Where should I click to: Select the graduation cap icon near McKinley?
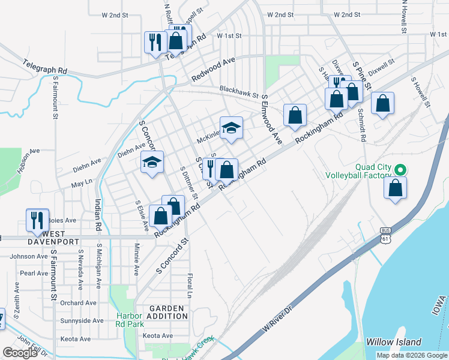tap(231, 128)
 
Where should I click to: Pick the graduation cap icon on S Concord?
tap(152, 162)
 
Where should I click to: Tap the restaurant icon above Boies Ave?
tap(37, 220)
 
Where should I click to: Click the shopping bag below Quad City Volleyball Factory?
tap(396, 188)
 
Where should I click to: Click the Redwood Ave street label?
tap(213, 71)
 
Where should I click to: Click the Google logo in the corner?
tap(20, 353)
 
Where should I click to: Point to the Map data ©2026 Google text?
tap(411, 355)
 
